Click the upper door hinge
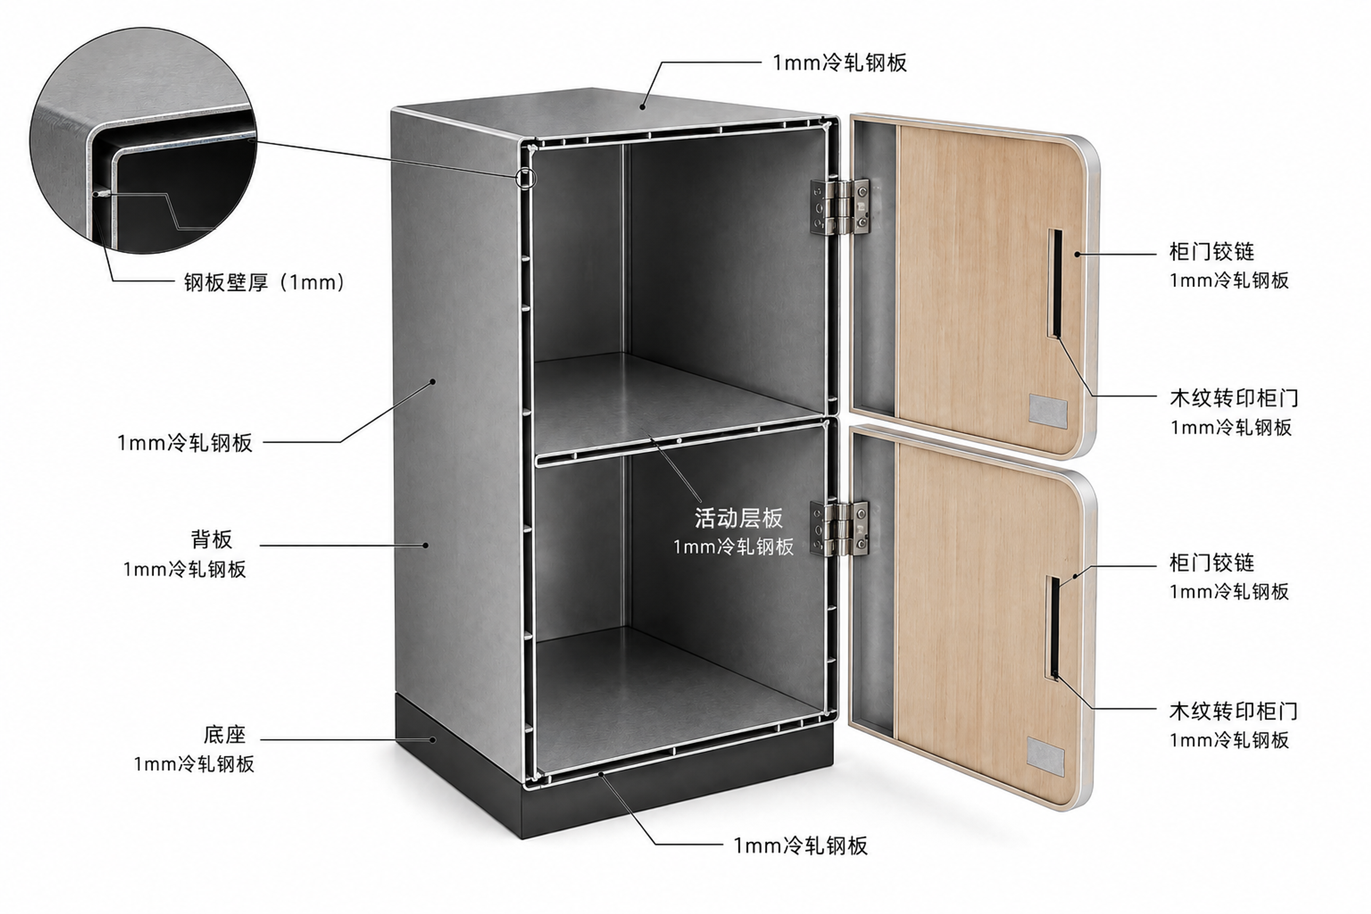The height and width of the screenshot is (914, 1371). click(x=839, y=207)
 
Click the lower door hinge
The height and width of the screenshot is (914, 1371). click(x=839, y=528)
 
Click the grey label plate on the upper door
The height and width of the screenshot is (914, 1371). click(x=1047, y=411)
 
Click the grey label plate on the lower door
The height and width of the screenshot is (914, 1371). click(x=1045, y=756)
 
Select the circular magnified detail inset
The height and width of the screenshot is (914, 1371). click(x=143, y=140)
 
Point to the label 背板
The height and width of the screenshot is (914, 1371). click(x=211, y=539)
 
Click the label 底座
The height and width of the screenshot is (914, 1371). click(x=225, y=734)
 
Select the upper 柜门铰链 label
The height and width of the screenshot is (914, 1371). click(x=1211, y=252)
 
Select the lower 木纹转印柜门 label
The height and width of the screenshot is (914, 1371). click(x=1233, y=711)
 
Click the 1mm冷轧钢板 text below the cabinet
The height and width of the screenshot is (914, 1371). click(x=800, y=845)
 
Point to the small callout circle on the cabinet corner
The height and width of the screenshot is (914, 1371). click(x=526, y=177)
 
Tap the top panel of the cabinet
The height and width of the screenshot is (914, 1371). click(x=612, y=117)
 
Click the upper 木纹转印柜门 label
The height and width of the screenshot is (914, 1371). click(x=1233, y=398)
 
